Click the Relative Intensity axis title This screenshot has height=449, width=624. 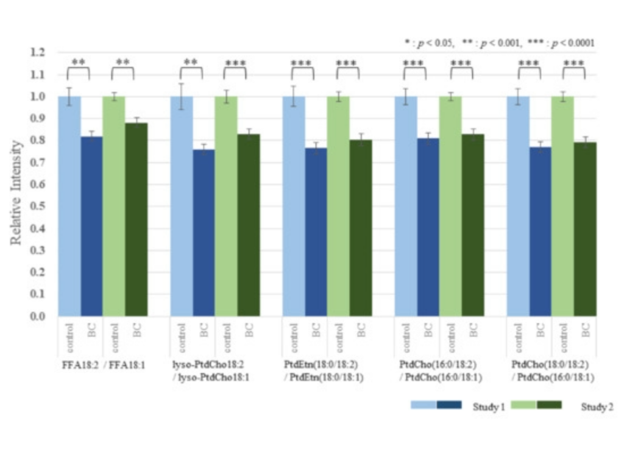17,193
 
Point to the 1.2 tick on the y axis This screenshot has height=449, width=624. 38,52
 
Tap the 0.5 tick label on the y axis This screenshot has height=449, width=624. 38,206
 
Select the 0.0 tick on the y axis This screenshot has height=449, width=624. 38,316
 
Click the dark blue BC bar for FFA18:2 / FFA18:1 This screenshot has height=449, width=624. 91,225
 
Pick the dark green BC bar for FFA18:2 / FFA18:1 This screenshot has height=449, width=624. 136,219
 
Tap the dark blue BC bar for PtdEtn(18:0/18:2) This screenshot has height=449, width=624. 316,232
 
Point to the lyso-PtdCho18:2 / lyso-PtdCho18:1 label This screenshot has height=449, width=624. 210,370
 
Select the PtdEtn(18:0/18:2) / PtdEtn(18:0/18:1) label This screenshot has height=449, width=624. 322,370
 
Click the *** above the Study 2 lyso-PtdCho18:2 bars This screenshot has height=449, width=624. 235,63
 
